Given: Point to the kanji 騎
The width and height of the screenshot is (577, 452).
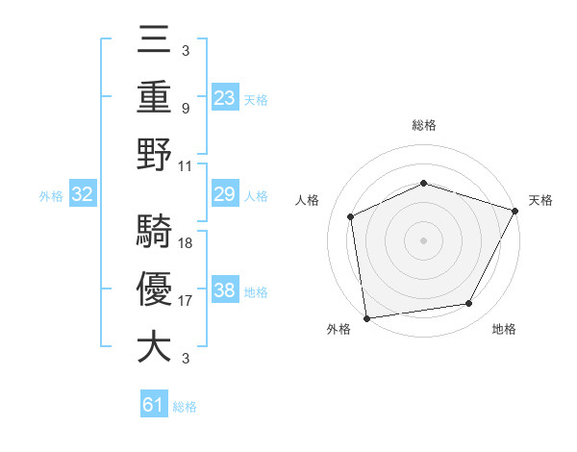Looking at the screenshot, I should coord(154,232).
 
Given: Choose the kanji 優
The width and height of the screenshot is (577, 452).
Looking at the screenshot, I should coord(154,289).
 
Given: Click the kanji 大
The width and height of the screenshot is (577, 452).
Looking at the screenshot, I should coord(154,346).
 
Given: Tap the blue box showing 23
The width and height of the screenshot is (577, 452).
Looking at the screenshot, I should coord(225,97).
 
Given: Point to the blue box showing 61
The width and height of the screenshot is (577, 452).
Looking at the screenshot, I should coord(154,406).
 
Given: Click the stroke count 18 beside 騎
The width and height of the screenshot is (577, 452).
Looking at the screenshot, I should coord(186,242).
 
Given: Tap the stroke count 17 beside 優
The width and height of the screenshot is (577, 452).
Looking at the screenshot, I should coord(186,300).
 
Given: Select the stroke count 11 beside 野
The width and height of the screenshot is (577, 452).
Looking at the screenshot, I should coord(186,165).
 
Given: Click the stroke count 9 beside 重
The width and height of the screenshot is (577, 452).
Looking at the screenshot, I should coord(186,108).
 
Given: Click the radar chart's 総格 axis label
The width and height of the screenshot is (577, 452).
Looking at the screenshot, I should coord(424,125).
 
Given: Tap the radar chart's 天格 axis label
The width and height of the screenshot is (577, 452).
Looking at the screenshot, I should coord(540,200).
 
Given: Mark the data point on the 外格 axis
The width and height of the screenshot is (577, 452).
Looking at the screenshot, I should coord(366,317).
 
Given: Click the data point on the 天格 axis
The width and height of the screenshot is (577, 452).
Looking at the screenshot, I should coord(515,210).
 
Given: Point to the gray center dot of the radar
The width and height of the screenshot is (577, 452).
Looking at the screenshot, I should coord(423,239).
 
